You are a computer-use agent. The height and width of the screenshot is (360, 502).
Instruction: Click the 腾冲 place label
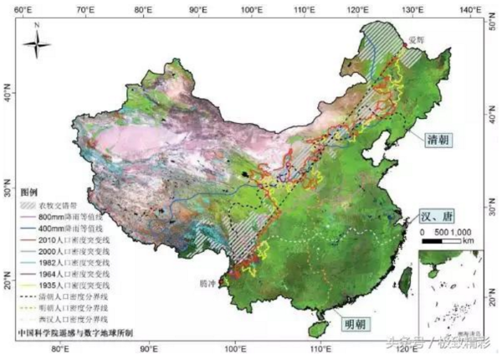click(x=209, y=284)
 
